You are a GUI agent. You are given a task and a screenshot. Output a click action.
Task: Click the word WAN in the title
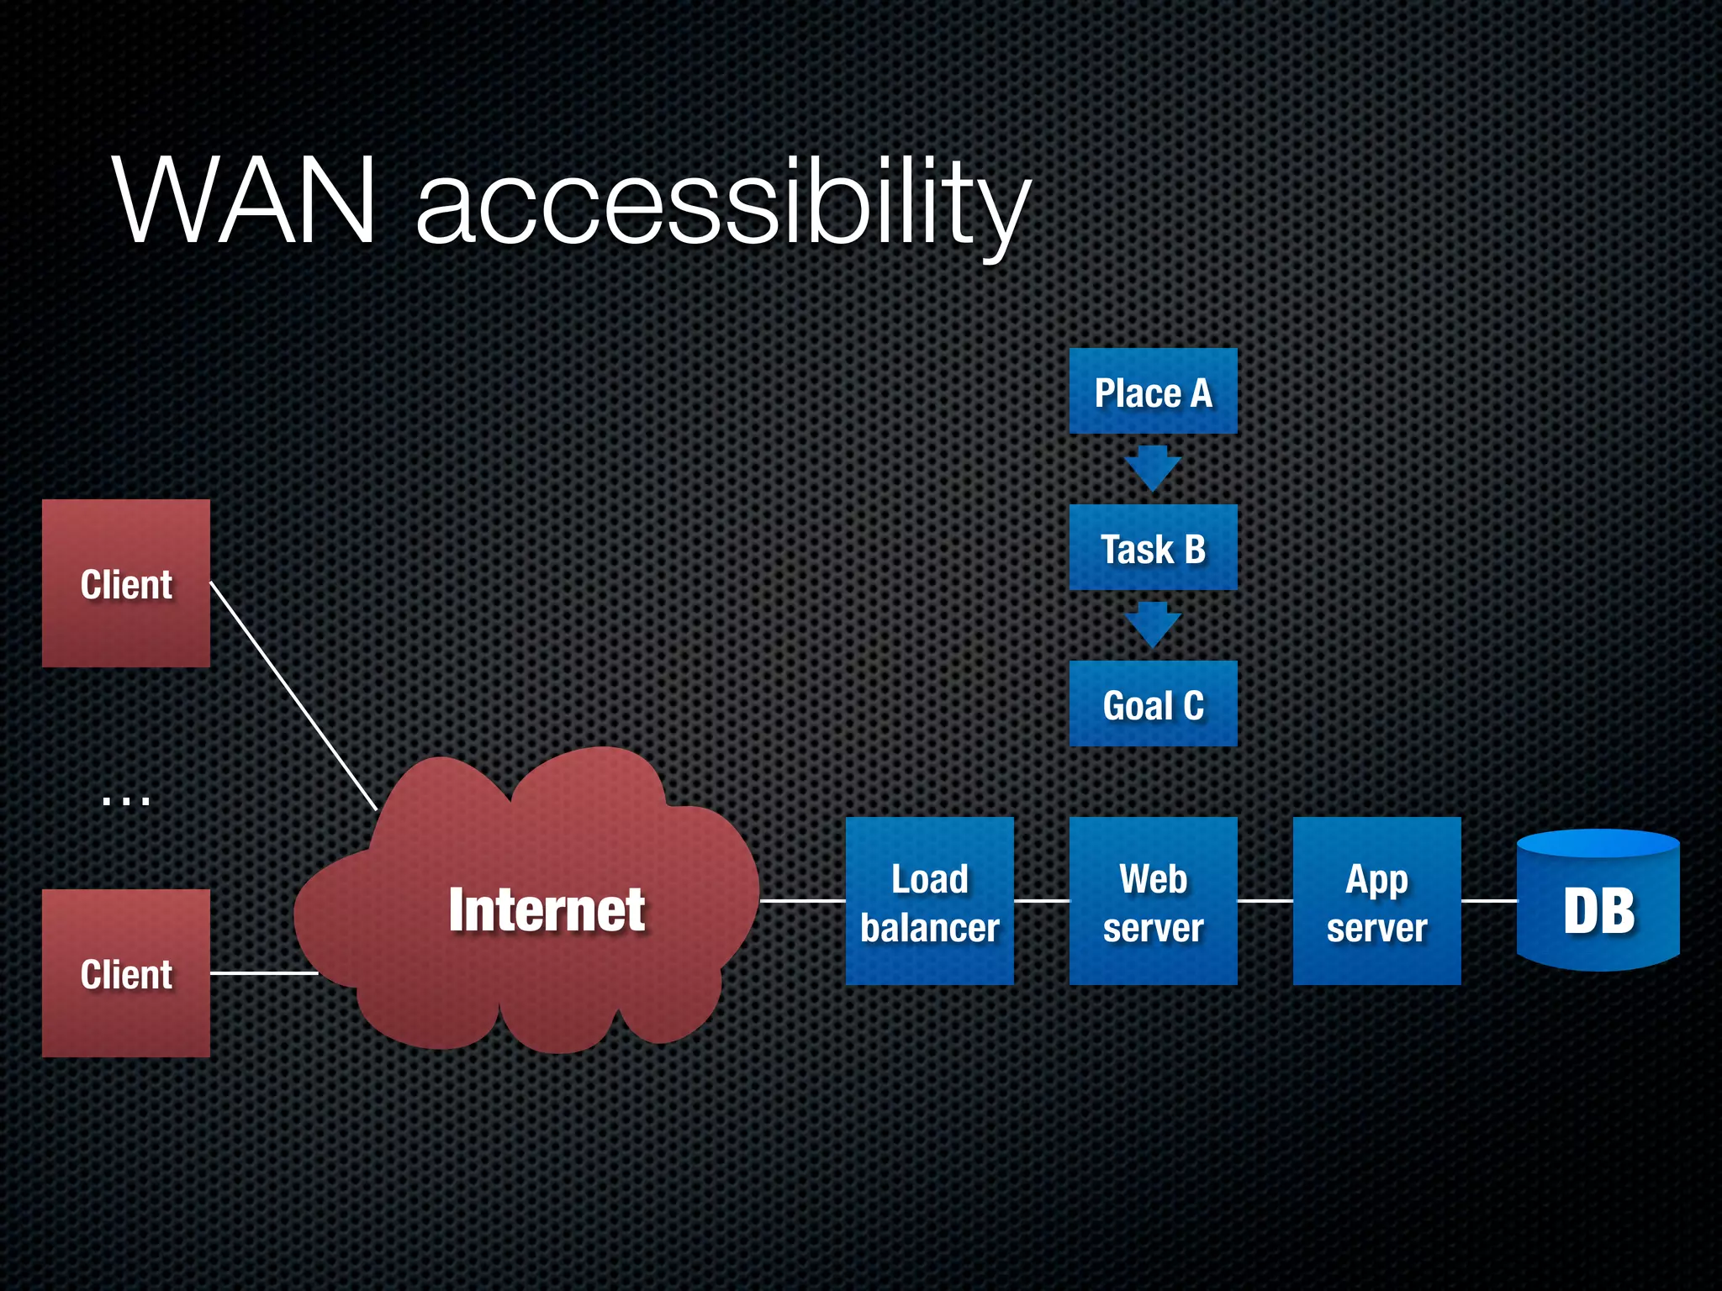tap(244, 202)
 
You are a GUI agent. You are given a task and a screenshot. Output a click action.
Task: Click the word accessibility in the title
tap(723, 206)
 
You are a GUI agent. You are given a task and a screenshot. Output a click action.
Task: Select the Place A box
tap(1153, 392)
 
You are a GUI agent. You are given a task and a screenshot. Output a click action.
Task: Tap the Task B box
tap(1153, 548)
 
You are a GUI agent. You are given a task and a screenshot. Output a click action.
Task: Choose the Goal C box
tap(1153, 704)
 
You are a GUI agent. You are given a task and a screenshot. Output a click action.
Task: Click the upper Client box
tap(126, 583)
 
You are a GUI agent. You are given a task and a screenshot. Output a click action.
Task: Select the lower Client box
tap(126, 973)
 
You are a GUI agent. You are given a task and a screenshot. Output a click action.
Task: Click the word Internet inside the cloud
tap(547, 909)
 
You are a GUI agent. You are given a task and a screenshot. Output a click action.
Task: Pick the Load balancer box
tap(929, 901)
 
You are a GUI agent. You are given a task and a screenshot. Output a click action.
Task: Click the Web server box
tap(1153, 901)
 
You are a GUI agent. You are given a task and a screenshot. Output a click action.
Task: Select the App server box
tap(1376, 901)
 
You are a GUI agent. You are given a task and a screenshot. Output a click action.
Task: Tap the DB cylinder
tap(1598, 904)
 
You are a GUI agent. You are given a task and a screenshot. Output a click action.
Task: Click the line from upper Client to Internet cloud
tap(293, 696)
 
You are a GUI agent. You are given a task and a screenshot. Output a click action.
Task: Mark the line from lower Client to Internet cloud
tap(263, 973)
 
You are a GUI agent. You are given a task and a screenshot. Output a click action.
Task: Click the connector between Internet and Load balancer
tap(803, 901)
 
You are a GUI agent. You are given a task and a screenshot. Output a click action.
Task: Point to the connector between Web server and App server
tap(1265, 901)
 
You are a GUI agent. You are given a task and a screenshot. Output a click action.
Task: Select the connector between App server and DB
tap(1489, 901)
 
